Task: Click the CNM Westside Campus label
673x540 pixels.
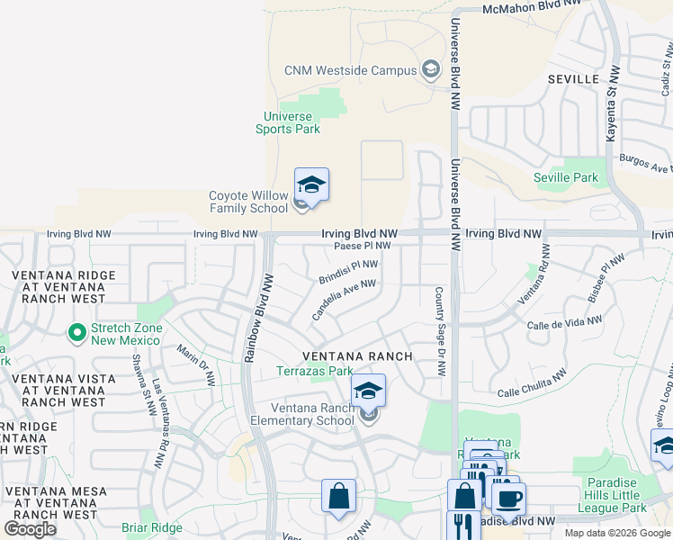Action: [x=350, y=70]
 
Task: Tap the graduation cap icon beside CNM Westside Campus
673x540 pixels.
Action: [x=431, y=70]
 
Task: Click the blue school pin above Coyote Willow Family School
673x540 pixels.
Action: [x=311, y=184]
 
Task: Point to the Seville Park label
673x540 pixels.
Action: [x=565, y=177]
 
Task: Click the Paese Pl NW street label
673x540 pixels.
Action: [x=362, y=245]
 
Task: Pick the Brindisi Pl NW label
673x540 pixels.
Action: [x=348, y=271]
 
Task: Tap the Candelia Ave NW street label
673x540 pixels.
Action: [x=343, y=299]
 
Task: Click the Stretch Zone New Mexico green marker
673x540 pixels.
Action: [x=78, y=334]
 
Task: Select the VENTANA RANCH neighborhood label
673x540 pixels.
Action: [x=357, y=356]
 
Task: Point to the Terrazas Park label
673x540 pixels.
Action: [x=314, y=371]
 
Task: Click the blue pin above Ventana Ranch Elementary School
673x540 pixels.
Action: [x=368, y=391]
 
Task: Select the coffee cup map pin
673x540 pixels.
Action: [x=508, y=498]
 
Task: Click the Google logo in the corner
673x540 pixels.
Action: [x=30, y=528]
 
